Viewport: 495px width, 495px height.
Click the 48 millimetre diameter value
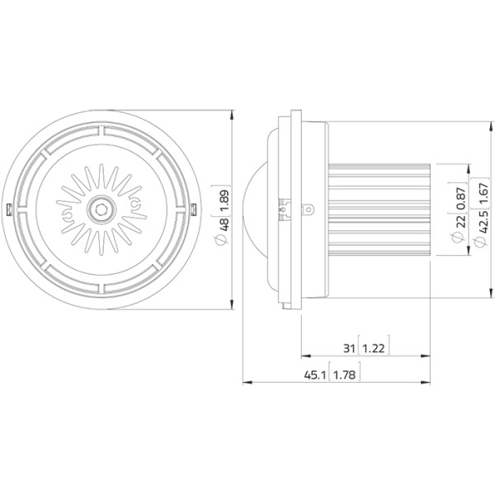(225, 224)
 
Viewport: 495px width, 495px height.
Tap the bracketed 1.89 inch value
(224, 200)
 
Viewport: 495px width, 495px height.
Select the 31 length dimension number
(349, 348)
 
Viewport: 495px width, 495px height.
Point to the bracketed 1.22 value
(374, 349)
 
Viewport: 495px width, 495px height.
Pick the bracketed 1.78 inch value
(344, 375)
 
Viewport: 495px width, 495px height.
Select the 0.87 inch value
(461, 198)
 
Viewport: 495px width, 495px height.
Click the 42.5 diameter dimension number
(483, 222)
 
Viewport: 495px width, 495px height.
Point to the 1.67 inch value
(483, 194)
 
